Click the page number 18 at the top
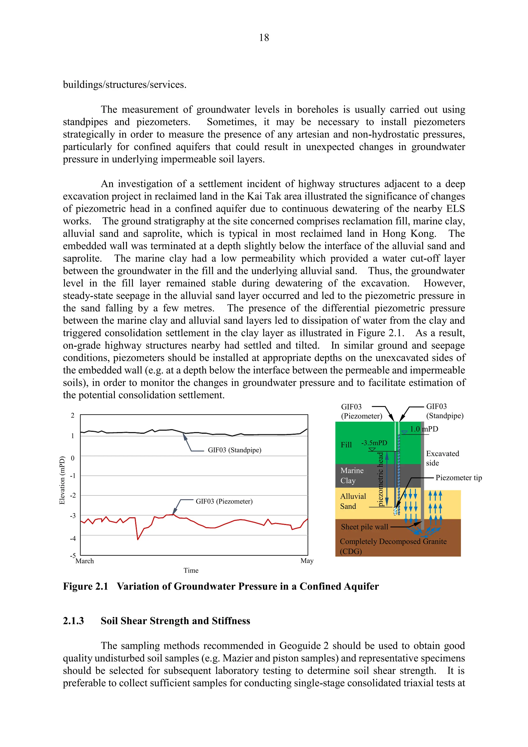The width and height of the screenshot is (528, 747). [x=264, y=38]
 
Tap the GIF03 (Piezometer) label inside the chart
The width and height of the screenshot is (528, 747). [x=224, y=501]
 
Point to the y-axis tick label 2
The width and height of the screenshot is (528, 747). [x=72, y=416]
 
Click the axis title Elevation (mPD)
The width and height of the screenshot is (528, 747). [x=62, y=480]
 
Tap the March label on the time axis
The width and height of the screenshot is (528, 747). [x=85, y=561]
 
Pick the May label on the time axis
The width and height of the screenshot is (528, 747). [x=307, y=561]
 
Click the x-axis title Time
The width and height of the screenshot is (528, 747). [x=191, y=570]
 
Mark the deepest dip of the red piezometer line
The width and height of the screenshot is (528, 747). [x=138, y=539]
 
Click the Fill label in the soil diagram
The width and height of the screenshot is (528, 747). [x=346, y=445]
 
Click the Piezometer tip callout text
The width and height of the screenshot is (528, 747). [x=458, y=478]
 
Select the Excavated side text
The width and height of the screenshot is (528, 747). [x=442, y=458]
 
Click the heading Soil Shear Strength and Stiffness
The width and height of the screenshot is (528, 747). [x=175, y=621]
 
